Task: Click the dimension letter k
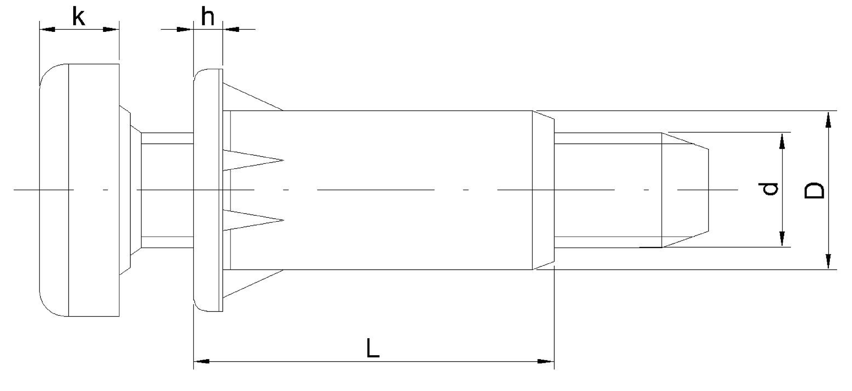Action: pos(79,18)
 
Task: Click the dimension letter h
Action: pos(207,18)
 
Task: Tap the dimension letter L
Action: pos(373,348)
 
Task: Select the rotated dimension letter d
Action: pos(770,189)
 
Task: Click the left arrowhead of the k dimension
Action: pos(47,29)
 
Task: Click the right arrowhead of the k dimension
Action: pos(111,29)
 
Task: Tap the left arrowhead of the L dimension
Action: pos(201,361)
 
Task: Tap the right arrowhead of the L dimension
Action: pos(546,361)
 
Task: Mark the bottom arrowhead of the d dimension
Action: pos(782,239)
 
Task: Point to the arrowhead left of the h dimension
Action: pos(184,29)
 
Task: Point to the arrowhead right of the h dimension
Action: pos(232,29)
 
